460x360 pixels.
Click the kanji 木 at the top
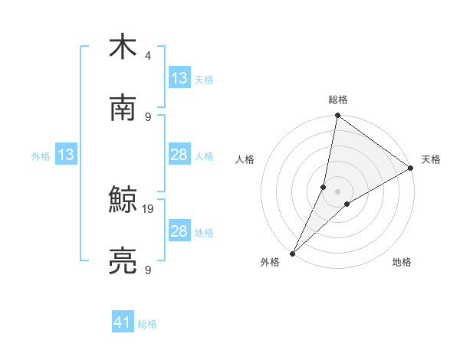[x=123, y=47]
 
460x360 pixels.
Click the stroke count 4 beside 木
[x=147, y=56]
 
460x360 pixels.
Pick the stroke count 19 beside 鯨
[x=149, y=208]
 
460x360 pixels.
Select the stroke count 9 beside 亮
[x=147, y=270]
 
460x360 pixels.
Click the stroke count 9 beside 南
[x=147, y=116]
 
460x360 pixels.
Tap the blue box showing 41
[x=123, y=322]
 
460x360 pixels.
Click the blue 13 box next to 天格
[x=179, y=78]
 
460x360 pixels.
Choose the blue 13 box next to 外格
[x=66, y=155]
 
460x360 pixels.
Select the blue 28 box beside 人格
[x=179, y=155]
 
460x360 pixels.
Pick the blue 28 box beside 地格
[x=179, y=231]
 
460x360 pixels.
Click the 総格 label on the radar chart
[x=338, y=100]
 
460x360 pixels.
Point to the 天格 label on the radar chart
[x=431, y=159]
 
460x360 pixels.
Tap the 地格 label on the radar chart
[x=402, y=262]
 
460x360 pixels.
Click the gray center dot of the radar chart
[x=338, y=191]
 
